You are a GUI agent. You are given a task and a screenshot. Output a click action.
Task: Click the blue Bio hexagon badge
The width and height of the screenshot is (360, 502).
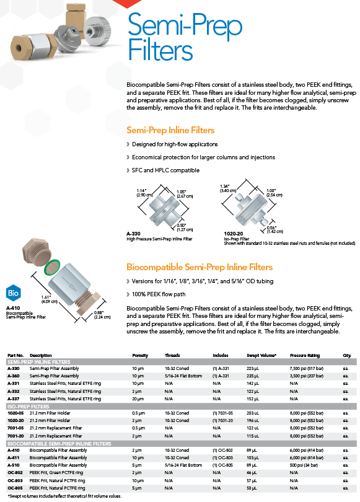tap(13, 293)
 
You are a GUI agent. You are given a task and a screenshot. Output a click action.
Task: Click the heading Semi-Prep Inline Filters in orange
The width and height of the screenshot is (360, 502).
tap(170, 130)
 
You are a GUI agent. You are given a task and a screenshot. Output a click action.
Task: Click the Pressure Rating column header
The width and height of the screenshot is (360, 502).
tap(305, 355)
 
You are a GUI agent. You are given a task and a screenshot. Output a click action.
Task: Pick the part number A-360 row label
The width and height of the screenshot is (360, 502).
tap(14, 376)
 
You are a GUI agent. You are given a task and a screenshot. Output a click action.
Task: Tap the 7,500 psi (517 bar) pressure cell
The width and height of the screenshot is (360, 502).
tap(307, 369)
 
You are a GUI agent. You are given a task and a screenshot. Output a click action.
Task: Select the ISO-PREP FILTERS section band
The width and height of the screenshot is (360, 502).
tap(182, 407)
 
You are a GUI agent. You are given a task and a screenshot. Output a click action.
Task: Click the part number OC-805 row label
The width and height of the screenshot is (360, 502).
tap(14, 488)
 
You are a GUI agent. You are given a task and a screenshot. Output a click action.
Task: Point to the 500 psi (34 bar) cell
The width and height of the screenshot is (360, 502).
tap(304, 465)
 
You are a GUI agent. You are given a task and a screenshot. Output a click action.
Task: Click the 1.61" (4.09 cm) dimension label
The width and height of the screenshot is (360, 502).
tap(49, 299)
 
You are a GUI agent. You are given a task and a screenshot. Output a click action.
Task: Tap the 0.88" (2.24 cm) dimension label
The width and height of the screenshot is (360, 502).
tap(102, 315)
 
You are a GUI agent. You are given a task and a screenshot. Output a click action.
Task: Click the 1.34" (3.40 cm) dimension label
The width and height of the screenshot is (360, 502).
tap(228, 188)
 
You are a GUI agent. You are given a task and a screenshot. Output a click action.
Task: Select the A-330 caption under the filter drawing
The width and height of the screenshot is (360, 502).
tap(133, 234)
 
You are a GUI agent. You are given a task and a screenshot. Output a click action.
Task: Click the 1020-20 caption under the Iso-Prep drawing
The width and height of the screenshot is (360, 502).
tap(233, 234)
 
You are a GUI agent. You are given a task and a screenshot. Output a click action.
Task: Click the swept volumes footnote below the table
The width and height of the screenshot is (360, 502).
tap(64, 496)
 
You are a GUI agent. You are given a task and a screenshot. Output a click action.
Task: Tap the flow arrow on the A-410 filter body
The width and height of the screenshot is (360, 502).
tap(69, 284)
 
